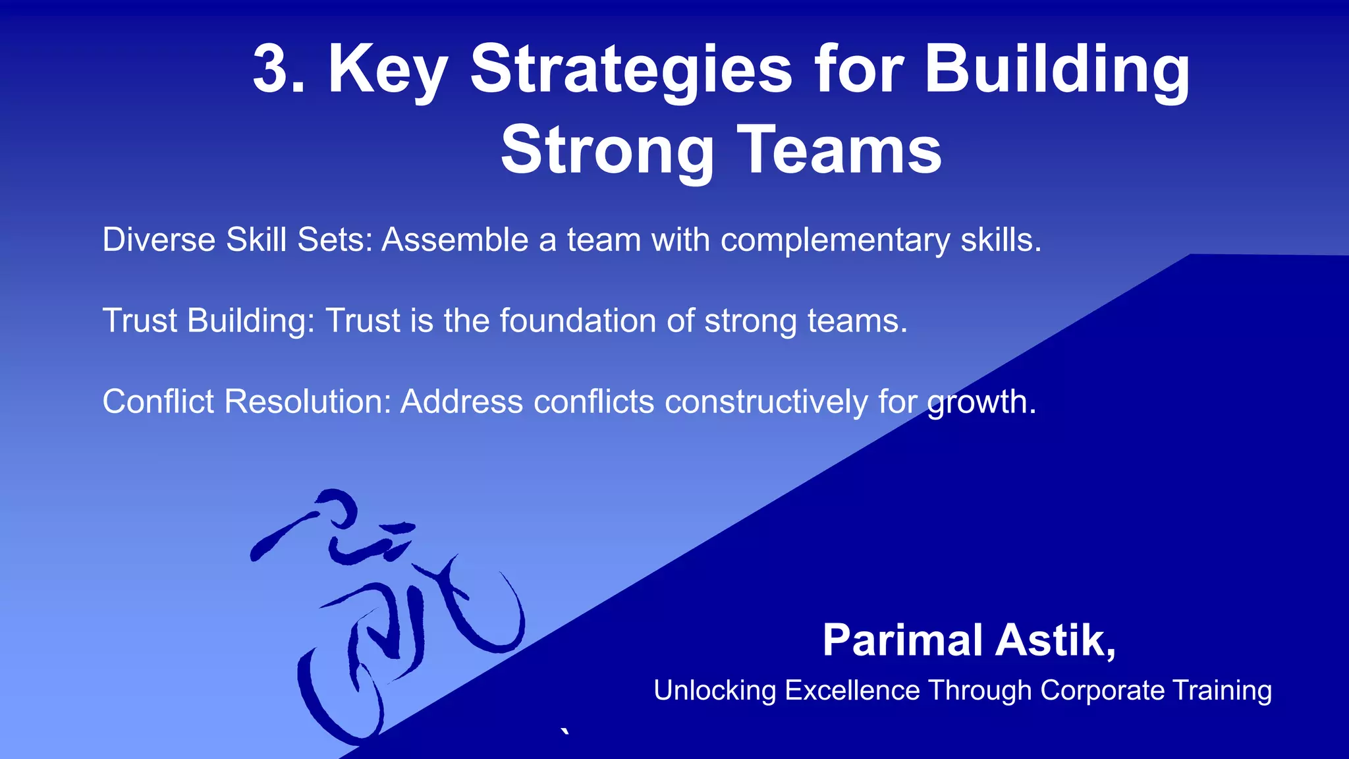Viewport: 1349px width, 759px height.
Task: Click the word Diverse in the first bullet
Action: [159, 239]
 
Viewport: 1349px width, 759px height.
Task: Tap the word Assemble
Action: [455, 239]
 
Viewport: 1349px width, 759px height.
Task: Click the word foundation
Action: [578, 321]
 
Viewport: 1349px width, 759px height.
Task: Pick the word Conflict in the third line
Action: [158, 401]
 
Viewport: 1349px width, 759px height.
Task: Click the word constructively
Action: [766, 402]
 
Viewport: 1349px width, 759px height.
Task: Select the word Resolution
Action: [308, 401]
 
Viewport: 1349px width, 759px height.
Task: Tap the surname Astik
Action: [1055, 640]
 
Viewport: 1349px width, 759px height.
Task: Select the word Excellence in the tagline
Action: [852, 690]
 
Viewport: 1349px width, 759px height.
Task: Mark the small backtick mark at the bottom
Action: [564, 731]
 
